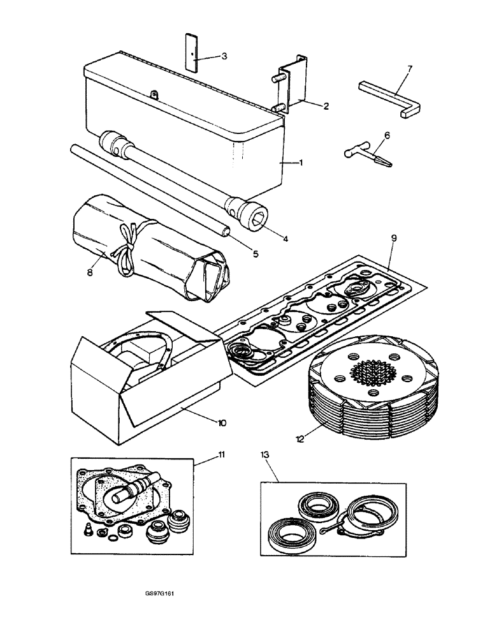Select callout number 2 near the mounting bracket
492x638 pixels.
point(326,107)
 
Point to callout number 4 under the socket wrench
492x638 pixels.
point(286,239)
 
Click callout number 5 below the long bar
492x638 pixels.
point(255,254)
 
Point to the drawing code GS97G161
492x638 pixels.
point(159,593)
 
